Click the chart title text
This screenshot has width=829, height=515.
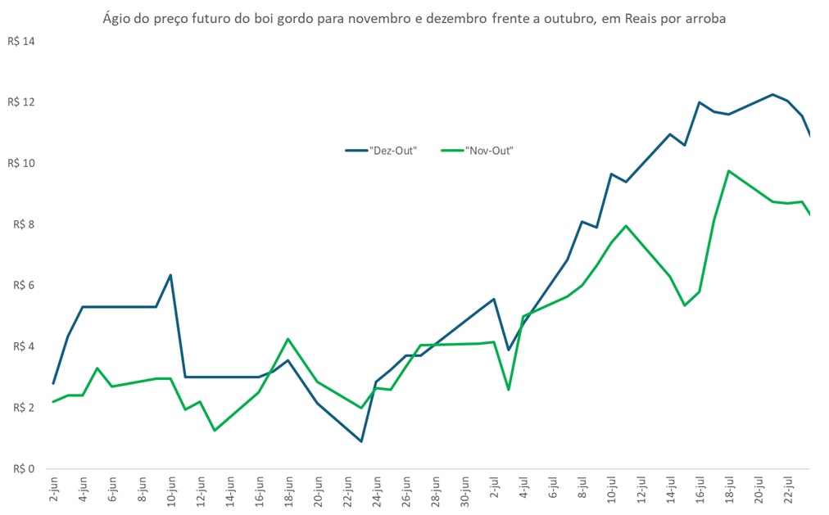414,17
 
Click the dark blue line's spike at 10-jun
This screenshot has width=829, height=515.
170,275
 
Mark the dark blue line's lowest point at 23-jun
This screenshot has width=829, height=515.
361,441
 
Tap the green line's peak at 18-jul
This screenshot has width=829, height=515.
728,171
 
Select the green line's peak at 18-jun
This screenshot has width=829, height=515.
288,339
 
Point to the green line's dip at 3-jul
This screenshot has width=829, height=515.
509,389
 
